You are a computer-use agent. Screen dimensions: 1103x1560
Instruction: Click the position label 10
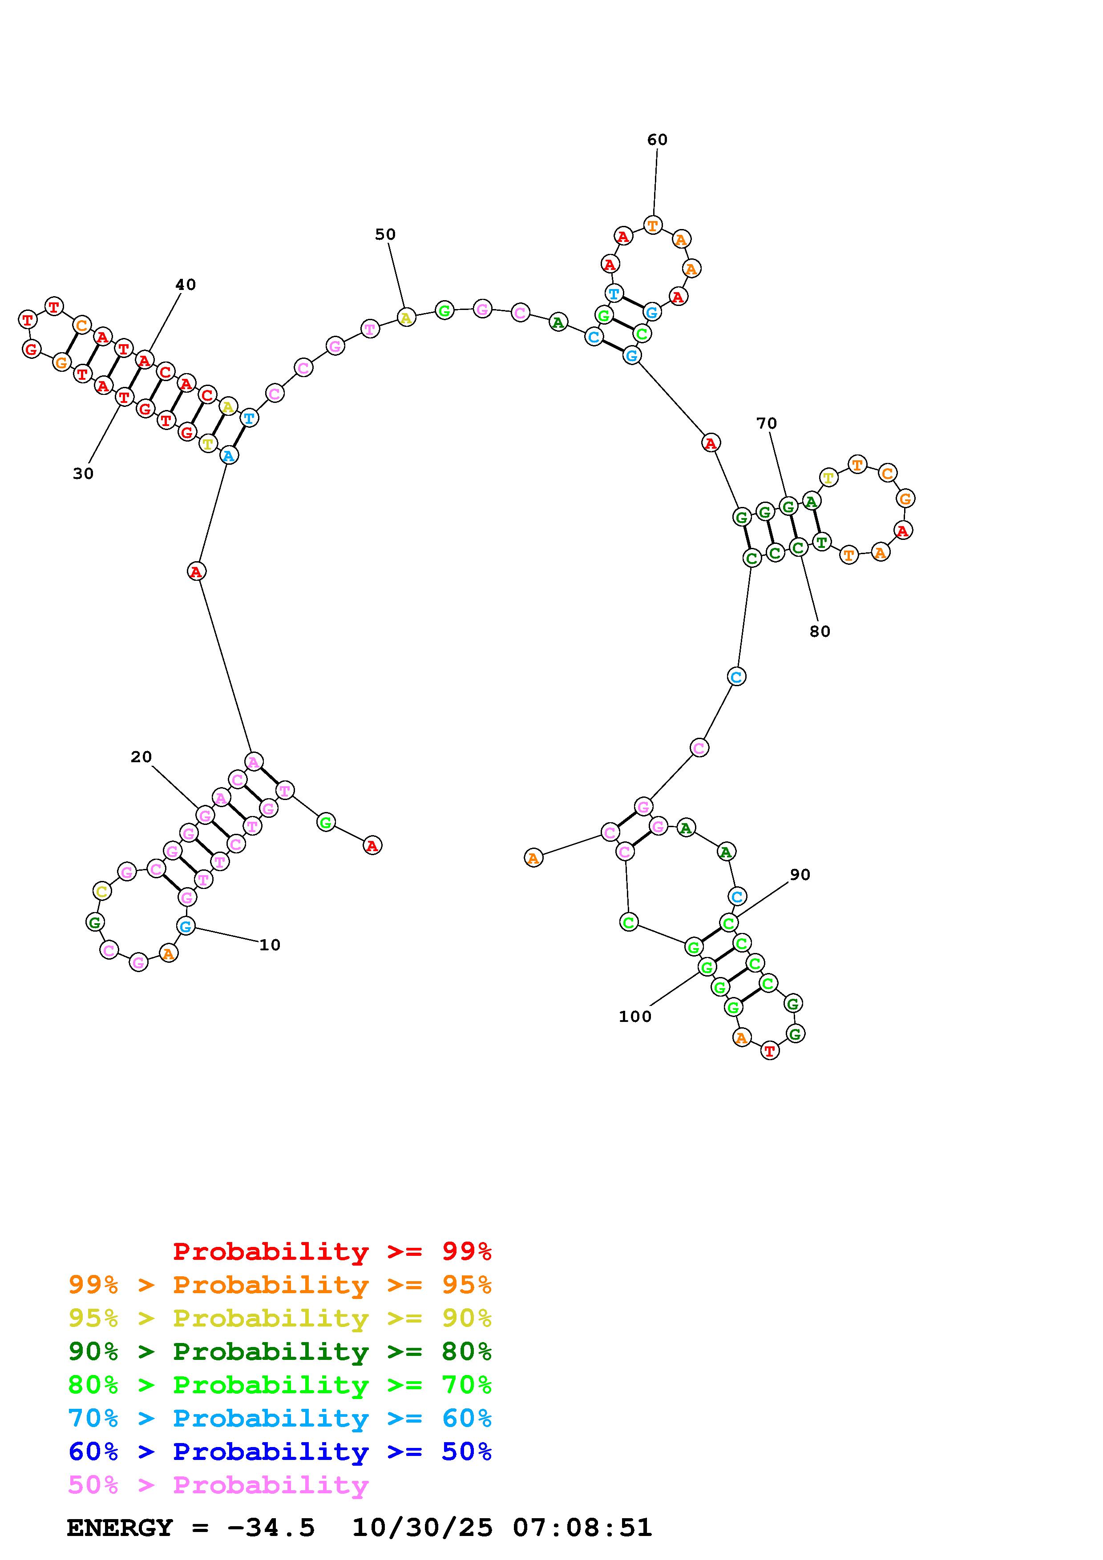pos(270,945)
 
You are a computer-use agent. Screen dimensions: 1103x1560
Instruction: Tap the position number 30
pos(83,474)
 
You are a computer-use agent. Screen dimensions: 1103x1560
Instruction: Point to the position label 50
pos(385,234)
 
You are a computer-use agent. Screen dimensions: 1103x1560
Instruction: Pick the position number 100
pos(635,1017)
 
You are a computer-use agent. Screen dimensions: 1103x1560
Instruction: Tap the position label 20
pos(141,757)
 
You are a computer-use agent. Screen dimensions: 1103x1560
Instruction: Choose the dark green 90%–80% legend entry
pos(280,1351)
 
